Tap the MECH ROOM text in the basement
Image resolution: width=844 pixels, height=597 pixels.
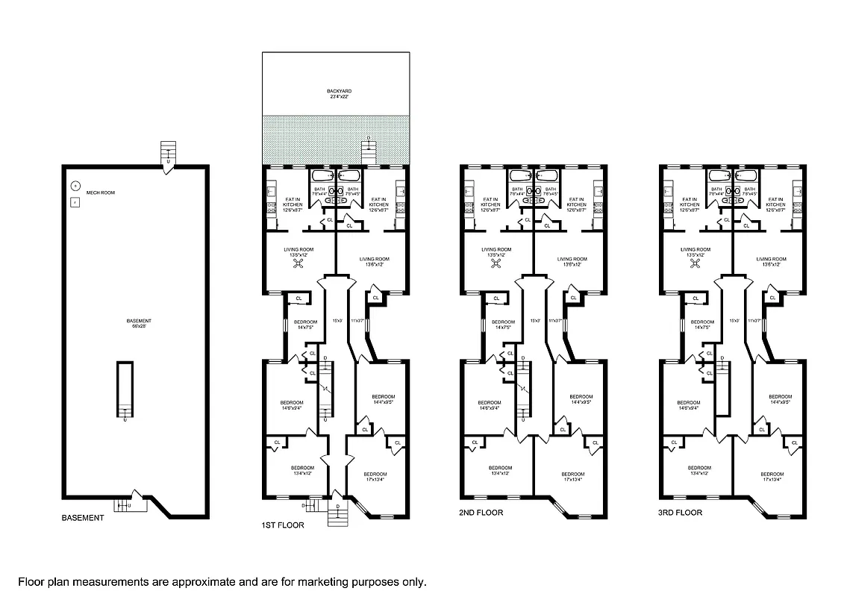point(100,193)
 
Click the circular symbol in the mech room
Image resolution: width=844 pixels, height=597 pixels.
point(75,186)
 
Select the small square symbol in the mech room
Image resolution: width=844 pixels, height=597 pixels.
point(75,202)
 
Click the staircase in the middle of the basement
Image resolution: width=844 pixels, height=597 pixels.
point(125,389)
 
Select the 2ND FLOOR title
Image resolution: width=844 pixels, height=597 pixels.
point(481,513)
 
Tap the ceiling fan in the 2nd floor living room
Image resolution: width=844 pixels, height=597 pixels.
point(496,262)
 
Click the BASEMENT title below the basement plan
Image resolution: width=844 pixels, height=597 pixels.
point(83,518)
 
